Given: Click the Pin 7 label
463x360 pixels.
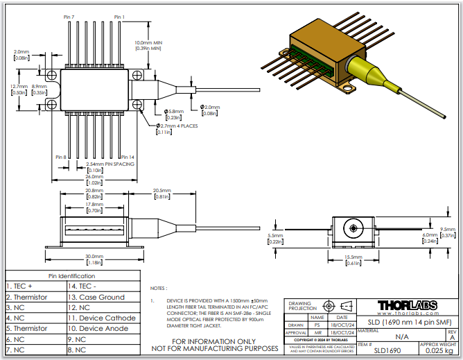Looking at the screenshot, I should tap(69, 17).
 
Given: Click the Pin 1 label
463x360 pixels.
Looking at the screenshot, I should tap(119, 17).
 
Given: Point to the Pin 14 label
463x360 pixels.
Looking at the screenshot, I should tap(127, 157).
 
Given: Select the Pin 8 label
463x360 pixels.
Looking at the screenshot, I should tap(60, 157).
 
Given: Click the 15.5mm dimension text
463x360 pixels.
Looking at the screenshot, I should tap(353, 257).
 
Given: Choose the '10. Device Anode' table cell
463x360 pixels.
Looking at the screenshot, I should tap(101, 328).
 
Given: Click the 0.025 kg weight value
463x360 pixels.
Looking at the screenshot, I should tap(438, 350).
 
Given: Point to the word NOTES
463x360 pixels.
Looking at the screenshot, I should tap(159, 287).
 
